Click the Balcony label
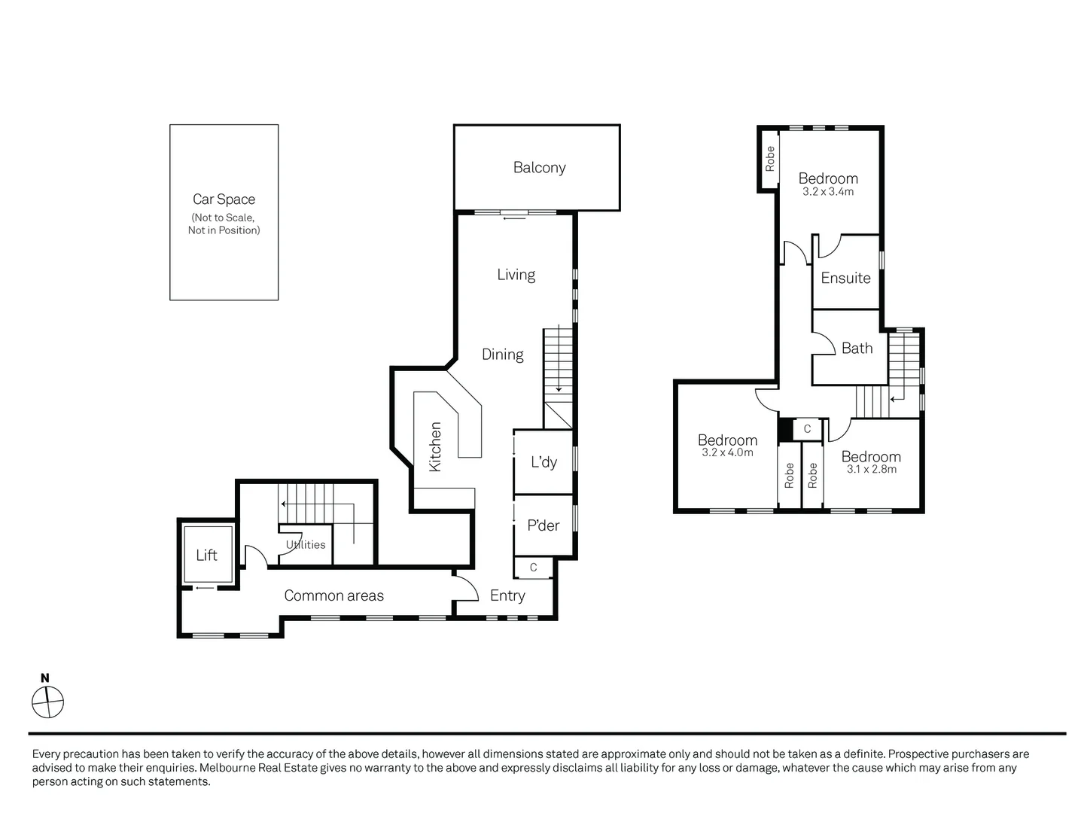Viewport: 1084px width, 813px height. click(x=539, y=168)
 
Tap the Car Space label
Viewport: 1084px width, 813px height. click(x=224, y=199)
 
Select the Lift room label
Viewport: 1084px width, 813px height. click(x=206, y=556)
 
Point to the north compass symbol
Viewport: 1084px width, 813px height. click(x=47, y=702)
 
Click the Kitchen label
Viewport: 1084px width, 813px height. click(x=435, y=446)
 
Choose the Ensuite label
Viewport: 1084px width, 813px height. click(x=845, y=278)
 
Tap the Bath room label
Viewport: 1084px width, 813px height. click(x=857, y=348)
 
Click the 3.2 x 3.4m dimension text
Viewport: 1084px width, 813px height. click(x=828, y=192)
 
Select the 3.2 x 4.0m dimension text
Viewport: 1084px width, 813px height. click(x=727, y=453)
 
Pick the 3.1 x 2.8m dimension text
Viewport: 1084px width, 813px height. click(x=871, y=469)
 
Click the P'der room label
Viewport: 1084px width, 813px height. click(x=543, y=525)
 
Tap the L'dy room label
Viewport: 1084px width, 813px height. click(x=544, y=461)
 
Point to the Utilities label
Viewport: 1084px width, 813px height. click(x=306, y=544)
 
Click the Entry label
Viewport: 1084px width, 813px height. click(x=507, y=595)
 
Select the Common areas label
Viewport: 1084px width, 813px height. click(x=333, y=595)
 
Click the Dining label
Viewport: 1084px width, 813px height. click(x=502, y=354)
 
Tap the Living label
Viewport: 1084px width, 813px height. click(x=516, y=275)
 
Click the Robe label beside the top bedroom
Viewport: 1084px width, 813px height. click(x=769, y=159)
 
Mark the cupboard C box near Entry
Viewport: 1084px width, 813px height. click(x=533, y=568)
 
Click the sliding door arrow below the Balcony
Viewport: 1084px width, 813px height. click(x=515, y=219)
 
